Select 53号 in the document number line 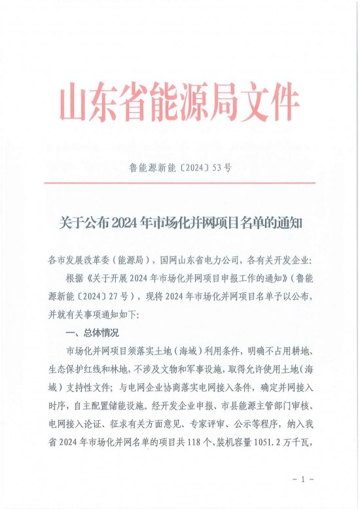coord(223,167)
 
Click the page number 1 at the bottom coord(302,480)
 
